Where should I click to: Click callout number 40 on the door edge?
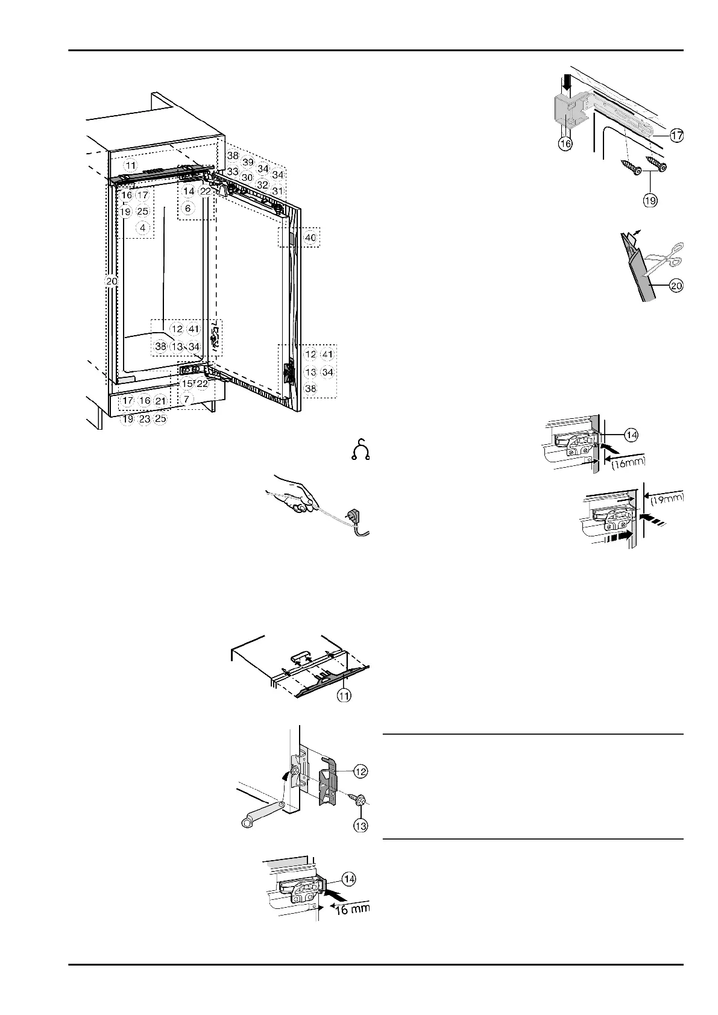[310, 238]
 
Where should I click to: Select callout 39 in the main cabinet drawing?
[248, 162]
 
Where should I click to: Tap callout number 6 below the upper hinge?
[188, 209]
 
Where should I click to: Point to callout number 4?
[142, 228]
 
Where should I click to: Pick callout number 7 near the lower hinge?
[187, 399]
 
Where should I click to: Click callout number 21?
[160, 401]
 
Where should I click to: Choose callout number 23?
[145, 420]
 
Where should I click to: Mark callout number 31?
[277, 191]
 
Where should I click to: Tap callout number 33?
[233, 172]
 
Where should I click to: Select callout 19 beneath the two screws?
[649, 199]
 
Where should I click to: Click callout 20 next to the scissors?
[676, 286]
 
